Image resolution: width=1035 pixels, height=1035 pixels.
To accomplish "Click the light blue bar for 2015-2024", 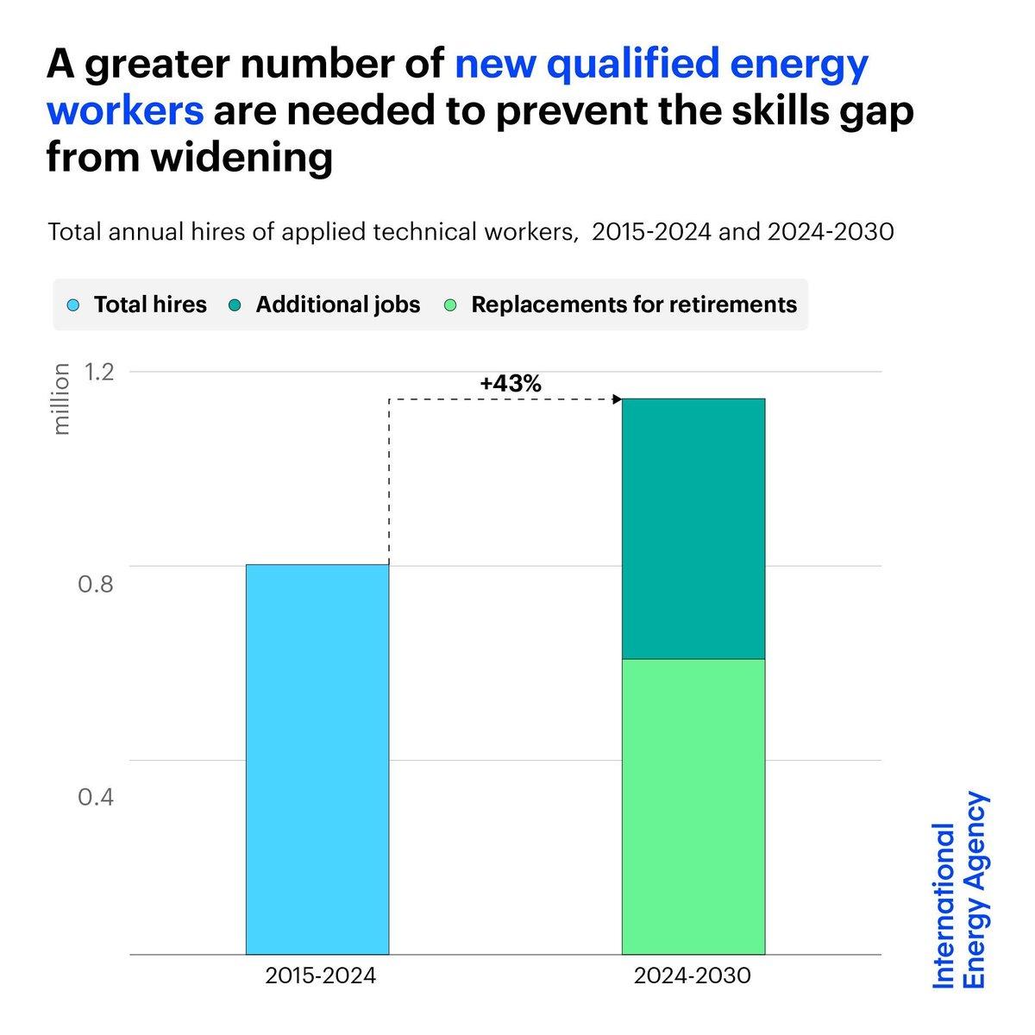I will tap(317, 759).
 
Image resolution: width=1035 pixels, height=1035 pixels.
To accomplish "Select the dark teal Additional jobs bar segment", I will tap(693, 529).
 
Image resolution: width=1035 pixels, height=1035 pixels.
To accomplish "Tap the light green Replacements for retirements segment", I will tap(693, 806).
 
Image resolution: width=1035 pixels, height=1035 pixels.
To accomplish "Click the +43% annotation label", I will tap(511, 384).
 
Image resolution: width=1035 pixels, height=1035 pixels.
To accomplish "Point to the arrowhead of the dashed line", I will tap(617, 398).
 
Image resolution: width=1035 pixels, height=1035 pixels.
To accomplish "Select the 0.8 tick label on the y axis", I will tap(97, 585).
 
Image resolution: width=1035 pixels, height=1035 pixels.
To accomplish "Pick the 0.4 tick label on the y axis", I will tap(97, 796).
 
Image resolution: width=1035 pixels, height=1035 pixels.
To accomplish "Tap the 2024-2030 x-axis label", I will tap(693, 976).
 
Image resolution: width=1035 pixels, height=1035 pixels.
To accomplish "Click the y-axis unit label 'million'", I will tap(61, 398).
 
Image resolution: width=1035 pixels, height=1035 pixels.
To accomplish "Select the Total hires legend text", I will tap(150, 304).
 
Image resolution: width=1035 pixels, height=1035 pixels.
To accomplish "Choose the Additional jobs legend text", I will tap(338, 304).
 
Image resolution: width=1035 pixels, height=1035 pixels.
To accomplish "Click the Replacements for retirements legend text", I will tap(634, 304).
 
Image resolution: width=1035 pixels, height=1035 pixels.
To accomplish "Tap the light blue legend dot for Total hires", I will tap(74, 304).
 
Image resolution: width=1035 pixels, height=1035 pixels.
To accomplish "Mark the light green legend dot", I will tap(451, 304).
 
